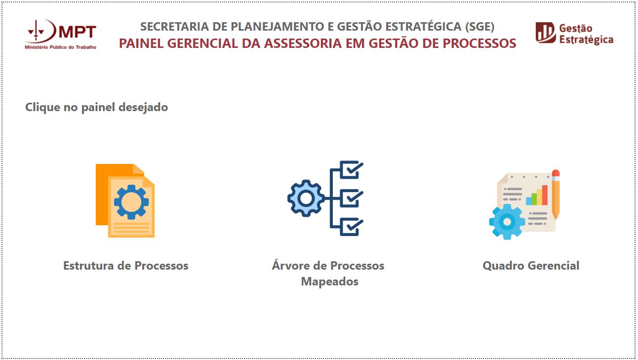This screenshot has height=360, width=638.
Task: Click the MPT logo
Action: click(60, 34)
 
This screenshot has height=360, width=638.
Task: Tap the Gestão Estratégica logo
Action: click(574, 34)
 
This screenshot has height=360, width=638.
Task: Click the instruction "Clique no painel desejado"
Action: click(96, 107)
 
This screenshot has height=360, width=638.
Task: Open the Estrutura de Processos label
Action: click(125, 266)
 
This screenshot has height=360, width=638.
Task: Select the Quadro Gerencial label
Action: click(531, 266)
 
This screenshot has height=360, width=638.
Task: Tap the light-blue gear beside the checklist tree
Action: click(306, 198)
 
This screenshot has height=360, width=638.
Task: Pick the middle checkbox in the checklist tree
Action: click(352, 198)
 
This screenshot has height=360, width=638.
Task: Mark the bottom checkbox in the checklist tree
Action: click(352, 226)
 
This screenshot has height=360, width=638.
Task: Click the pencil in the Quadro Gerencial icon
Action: click(556, 195)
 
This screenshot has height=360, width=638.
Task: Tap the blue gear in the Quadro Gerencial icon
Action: click(507, 222)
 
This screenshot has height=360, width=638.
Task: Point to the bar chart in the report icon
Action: click(537, 196)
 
